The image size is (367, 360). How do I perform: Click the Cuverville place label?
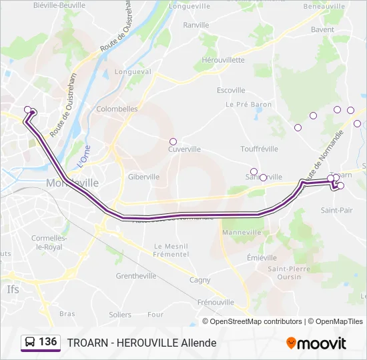click(x=184, y=149)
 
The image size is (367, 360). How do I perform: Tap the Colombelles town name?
click(x=117, y=109)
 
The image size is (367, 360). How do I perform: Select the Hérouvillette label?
click(x=222, y=59)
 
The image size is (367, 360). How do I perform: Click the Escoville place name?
click(x=231, y=91)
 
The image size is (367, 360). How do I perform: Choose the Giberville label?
click(x=143, y=177)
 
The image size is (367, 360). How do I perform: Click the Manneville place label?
click(x=242, y=233)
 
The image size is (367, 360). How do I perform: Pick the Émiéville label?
click(x=262, y=257)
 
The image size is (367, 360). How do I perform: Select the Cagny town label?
click(x=200, y=280)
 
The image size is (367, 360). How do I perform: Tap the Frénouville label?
click(x=216, y=302)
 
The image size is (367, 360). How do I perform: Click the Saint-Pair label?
click(x=337, y=210)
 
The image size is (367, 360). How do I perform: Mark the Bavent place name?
click(x=322, y=30)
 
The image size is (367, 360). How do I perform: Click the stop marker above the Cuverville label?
click(x=173, y=141)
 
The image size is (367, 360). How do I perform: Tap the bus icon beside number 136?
click(x=30, y=343)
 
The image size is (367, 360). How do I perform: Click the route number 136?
click(x=47, y=342)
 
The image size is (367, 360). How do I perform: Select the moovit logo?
click(x=316, y=343)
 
